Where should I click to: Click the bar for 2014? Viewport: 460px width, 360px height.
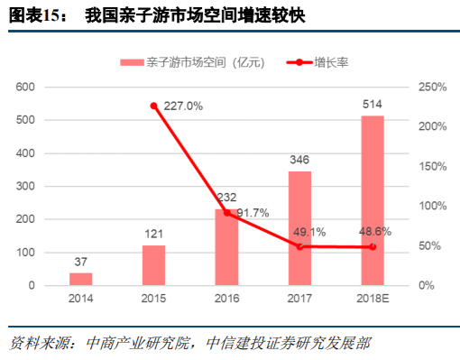coord(81,279)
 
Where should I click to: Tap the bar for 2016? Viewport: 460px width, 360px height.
coord(226,247)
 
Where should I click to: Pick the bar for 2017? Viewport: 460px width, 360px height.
coord(299,228)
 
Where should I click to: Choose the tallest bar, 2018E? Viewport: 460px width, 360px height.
coord(373,200)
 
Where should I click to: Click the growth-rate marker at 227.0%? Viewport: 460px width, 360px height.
coord(153,106)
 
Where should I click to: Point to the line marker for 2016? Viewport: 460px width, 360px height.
coord(226,213)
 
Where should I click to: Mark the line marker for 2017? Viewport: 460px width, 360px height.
coord(299,246)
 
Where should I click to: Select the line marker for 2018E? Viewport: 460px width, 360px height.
coord(373,246)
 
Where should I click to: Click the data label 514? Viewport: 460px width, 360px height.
coord(373,106)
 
